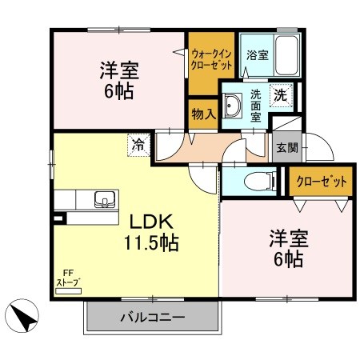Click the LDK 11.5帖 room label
(x=151, y=233)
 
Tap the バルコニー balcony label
(x=153, y=318)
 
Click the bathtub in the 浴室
(x=286, y=55)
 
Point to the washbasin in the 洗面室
(x=232, y=106)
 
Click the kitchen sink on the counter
(x=105, y=199)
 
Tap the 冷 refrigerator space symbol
(x=138, y=146)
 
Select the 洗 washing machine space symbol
(x=281, y=95)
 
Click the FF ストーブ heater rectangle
(x=68, y=291)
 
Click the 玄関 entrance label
(x=287, y=147)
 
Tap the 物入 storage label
(x=203, y=114)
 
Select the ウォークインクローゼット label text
(x=211, y=60)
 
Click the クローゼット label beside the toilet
(x=321, y=182)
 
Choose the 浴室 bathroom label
(x=257, y=55)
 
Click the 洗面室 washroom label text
(x=255, y=106)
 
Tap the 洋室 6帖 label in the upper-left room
(x=119, y=81)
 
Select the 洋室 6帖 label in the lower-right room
(x=289, y=249)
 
